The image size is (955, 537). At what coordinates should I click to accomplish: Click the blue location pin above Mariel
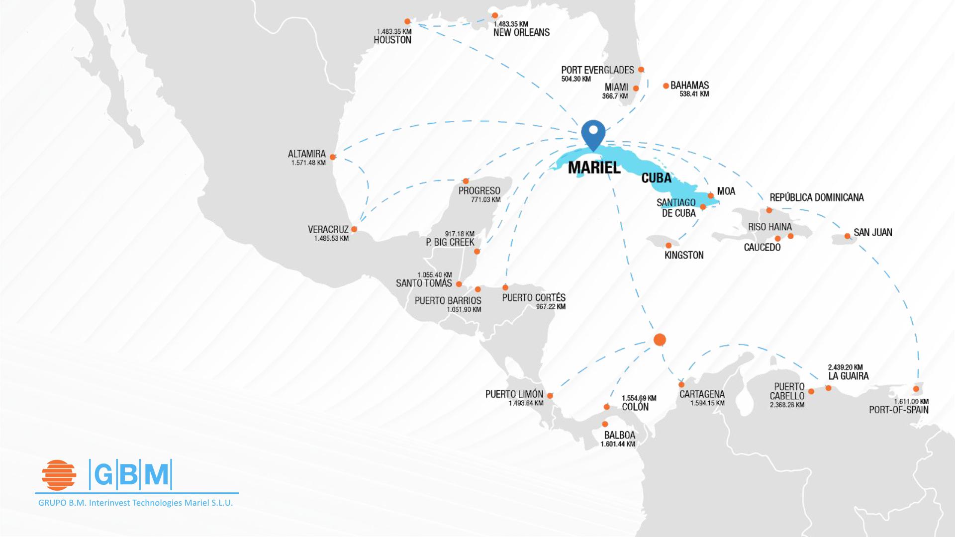coord(593,133)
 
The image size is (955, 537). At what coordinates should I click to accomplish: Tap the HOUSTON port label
coord(392,40)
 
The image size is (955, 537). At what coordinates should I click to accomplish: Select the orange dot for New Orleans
coord(495,15)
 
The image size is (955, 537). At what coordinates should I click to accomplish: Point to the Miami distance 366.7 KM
coord(615,96)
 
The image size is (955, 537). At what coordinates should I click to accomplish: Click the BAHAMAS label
coord(689,85)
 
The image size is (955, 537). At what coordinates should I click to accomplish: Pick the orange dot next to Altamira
coord(333,157)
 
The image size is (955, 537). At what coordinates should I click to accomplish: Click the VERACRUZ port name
coord(328,229)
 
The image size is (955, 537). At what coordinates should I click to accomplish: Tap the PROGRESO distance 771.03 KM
coord(485,200)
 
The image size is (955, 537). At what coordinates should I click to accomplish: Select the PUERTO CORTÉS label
coord(533,297)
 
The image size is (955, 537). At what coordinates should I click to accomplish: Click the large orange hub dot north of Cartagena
coord(660,340)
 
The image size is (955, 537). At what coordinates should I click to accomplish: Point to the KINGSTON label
coord(684,255)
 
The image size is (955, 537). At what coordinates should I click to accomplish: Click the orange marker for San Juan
coord(847,236)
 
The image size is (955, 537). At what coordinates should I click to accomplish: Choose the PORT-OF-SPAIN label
coord(898,410)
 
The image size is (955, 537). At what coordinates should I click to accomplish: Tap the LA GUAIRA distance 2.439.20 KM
coord(845,367)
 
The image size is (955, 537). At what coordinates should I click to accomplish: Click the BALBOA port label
coord(619,435)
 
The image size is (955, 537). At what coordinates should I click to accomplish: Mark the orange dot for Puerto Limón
coord(550,396)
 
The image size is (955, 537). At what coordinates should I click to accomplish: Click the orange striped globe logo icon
coord(59,475)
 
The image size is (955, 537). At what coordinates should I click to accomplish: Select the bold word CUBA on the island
coord(656,178)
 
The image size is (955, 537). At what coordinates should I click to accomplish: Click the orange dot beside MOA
coord(711,195)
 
